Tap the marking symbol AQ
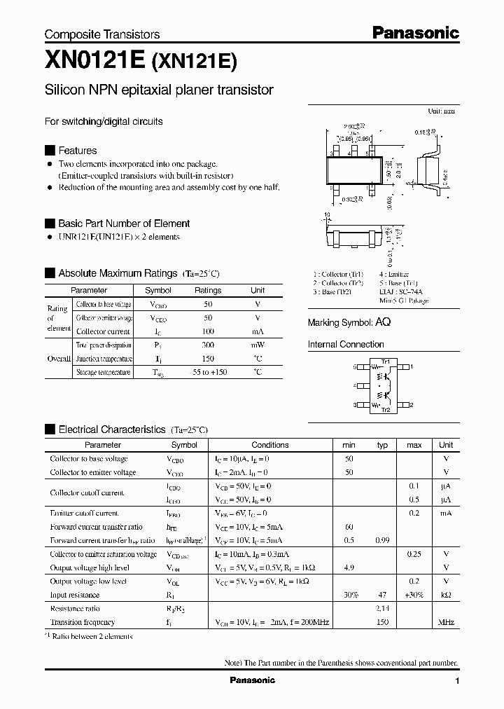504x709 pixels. tap(383, 322)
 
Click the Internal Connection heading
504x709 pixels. tap(346, 345)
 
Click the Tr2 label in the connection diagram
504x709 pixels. tap(384, 409)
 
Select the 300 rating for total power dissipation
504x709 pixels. tap(207, 345)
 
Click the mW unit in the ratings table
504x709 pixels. tap(258, 345)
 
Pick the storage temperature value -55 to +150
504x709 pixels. tap(207, 372)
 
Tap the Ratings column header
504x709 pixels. tap(207, 290)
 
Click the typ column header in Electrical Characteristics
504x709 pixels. tap(382, 445)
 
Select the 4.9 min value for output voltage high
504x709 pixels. tap(349, 568)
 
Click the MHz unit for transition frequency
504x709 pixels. tap(446, 622)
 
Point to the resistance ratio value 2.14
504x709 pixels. tap(382, 609)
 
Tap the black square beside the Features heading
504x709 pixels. tap(50, 151)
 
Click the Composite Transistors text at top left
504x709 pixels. tap(102, 34)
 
